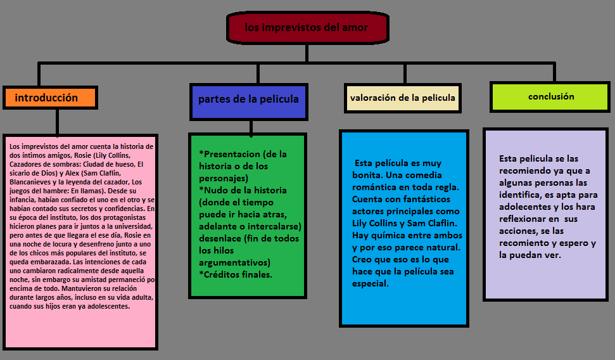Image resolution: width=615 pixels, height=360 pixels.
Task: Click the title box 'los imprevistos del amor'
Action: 307,27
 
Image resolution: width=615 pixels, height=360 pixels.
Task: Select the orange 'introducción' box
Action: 49,98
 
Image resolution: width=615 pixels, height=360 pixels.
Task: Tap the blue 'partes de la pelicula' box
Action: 248,99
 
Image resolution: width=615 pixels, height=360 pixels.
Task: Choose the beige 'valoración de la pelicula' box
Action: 402,98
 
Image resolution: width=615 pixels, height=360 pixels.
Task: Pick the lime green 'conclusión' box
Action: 551,97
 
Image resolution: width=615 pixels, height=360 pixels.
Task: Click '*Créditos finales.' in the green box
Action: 235,274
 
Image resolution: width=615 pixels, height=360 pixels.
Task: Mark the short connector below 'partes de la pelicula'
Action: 251,127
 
